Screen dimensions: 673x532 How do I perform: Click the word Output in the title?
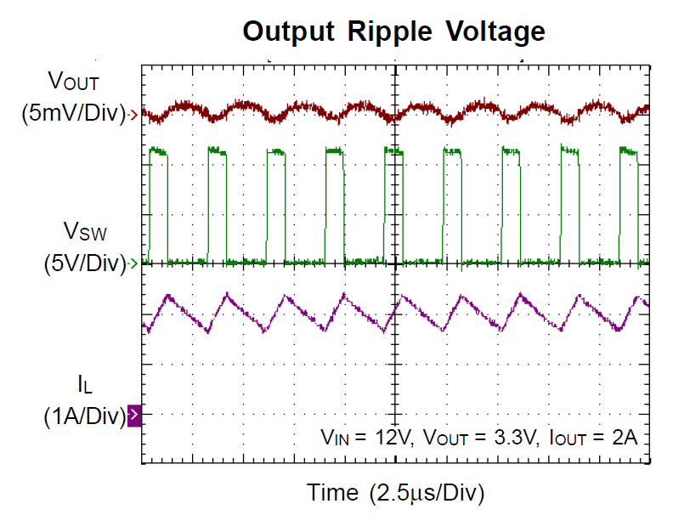point(288,32)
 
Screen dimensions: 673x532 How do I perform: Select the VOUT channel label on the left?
point(73,80)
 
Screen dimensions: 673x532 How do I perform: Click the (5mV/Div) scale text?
point(74,113)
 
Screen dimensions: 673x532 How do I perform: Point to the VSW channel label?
point(85,231)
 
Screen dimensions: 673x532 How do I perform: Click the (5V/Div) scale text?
point(85,263)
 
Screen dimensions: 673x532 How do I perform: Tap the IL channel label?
point(85,383)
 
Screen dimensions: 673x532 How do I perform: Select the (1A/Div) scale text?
point(85,416)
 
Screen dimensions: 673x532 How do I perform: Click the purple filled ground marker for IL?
point(134,416)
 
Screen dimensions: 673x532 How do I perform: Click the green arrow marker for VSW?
point(134,263)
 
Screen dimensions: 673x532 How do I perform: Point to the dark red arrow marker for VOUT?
point(134,115)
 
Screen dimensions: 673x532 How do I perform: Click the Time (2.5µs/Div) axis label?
point(395,493)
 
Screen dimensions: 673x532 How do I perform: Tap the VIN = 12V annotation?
point(367,438)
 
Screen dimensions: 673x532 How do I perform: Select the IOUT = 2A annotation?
point(593,438)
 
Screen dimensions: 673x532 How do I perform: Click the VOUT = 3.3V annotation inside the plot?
point(480,438)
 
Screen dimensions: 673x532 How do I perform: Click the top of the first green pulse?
point(158,151)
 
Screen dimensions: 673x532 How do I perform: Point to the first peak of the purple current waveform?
point(168,296)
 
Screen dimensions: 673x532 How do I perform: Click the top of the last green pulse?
point(628,151)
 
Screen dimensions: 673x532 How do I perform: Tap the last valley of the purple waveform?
point(618,330)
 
